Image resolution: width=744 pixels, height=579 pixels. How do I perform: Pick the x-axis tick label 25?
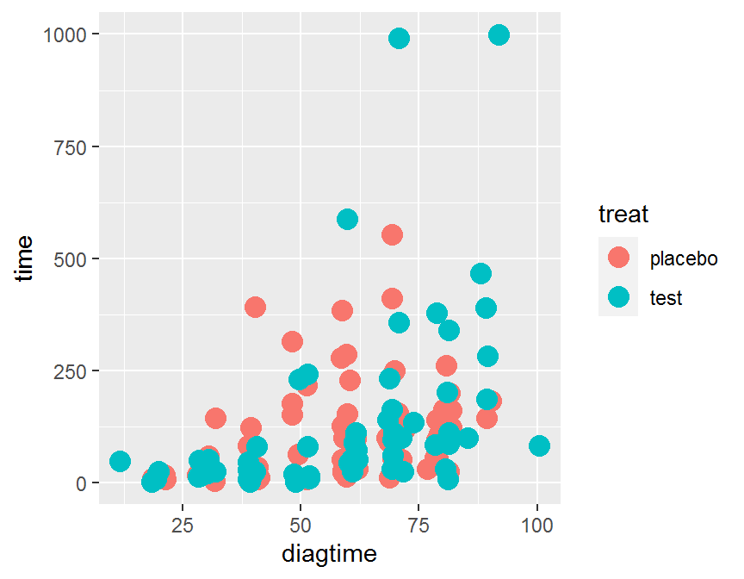tap(182, 524)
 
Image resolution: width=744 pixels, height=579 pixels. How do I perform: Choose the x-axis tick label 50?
tap(301, 524)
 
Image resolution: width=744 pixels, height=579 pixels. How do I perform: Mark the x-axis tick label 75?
tap(418, 524)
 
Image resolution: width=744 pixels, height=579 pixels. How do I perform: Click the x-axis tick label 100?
tap(537, 524)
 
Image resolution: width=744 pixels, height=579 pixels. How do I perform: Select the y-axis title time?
tap(26, 258)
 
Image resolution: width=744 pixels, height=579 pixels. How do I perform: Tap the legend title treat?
tap(623, 213)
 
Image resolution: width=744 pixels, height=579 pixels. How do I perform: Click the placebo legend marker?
tap(618, 258)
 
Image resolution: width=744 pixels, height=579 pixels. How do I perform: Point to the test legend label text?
tap(666, 298)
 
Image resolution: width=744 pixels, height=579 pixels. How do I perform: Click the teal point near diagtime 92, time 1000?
tap(499, 34)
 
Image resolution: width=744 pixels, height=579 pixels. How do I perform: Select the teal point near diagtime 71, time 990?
tap(399, 38)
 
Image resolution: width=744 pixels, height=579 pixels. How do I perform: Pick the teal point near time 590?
tap(347, 219)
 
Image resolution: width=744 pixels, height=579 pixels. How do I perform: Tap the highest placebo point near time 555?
tap(392, 234)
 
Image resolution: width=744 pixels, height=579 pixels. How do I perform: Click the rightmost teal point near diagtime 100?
tap(539, 445)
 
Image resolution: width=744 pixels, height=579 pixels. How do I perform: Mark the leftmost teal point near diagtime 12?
tap(121, 461)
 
